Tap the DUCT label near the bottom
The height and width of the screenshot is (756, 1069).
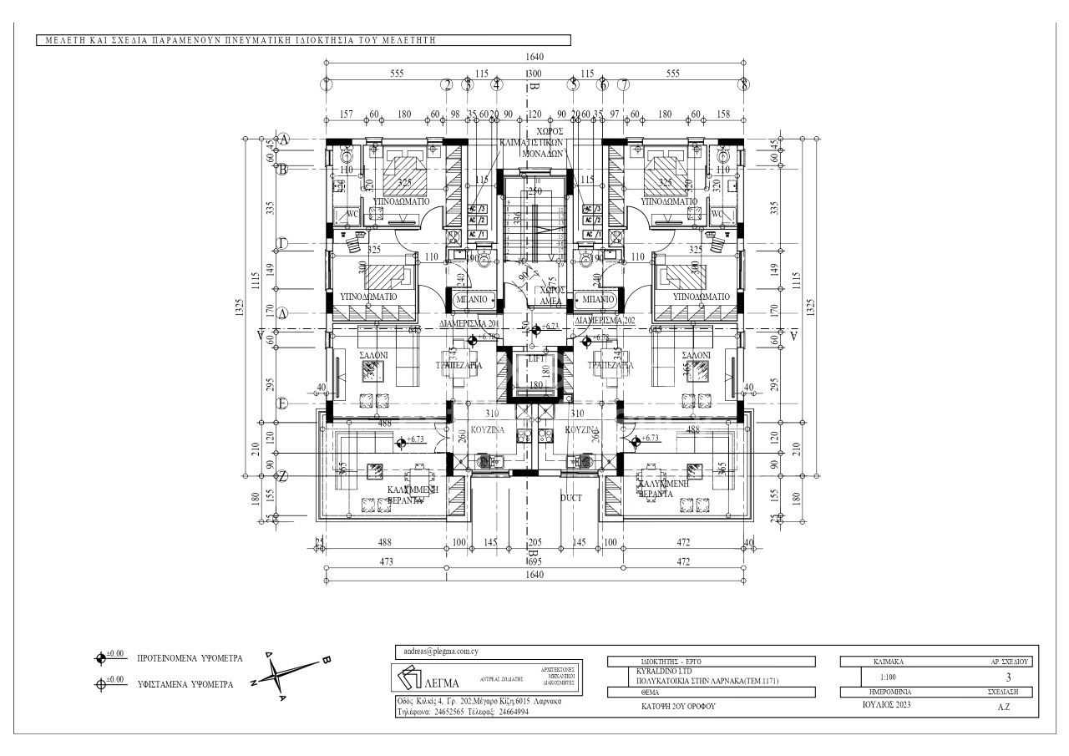[x=571, y=497]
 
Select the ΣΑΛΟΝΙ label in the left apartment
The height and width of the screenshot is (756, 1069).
[x=372, y=354]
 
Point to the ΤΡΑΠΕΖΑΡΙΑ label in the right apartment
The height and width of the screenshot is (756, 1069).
[x=610, y=365]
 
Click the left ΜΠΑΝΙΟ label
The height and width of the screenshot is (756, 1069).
[x=473, y=298]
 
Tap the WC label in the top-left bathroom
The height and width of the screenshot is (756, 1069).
[x=352, y=213]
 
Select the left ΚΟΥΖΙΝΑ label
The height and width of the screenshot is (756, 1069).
[x=488, y=429]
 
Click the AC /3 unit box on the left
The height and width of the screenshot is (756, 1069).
[x=477, y=209]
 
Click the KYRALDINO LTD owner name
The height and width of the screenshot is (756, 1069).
[x=656, y=672]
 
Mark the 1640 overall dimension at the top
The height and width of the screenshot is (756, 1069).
[x=534, y=57]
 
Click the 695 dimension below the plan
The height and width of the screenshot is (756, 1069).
[x=534, y=561]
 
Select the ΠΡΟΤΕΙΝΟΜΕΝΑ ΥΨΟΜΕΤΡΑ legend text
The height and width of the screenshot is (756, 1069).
[x=190, y=658]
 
